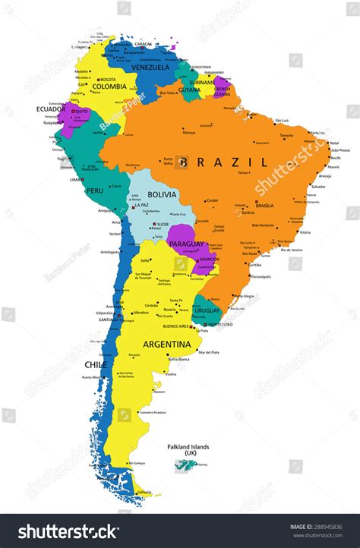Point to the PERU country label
(x=94, y=191)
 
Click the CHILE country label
(x=95, y=365)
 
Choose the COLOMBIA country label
(x=109, y=87)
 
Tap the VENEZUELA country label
(x=150, y=68)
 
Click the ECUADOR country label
(x=51, y=109)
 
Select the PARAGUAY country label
(x=186, y=244)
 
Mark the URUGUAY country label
(x=207, y=310)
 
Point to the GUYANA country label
(x=190, y=90)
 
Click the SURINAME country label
(x=202, y=82)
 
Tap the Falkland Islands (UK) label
(x=188, y=450)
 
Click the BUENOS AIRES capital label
(x=175, y=326)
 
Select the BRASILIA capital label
(x=264, y=206)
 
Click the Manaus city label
(x=189, y=133)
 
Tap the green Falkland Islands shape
(x=185, y=465)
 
